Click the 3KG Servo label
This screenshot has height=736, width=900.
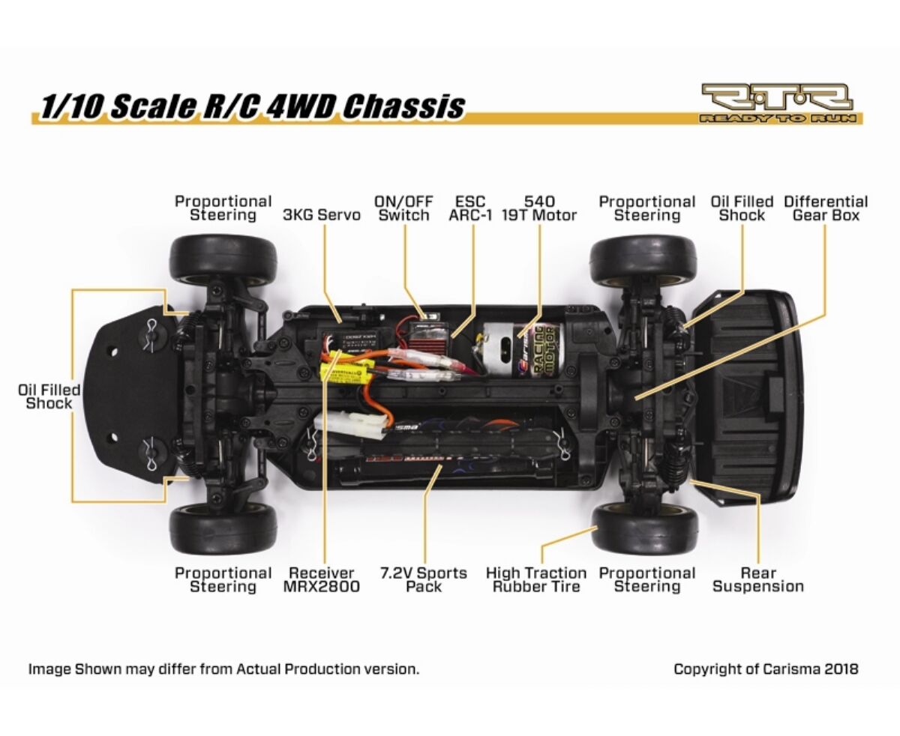point(321,215)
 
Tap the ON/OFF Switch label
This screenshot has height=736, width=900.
point(403,208)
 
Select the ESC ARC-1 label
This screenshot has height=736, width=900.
point(470,208)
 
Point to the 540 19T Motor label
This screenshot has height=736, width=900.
point(539,208)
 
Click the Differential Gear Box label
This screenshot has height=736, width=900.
point(826,208)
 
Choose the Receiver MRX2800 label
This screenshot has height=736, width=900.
point(321,580)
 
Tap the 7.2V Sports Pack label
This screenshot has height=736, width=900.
point(424,580)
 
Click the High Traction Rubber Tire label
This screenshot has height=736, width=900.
point(536,580)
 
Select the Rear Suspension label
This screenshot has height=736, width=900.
point(757,580)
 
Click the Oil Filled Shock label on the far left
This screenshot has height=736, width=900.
point(49,396)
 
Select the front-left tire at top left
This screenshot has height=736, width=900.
point(223,259)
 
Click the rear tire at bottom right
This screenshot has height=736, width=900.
point(645,528)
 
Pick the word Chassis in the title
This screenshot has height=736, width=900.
point(403,106)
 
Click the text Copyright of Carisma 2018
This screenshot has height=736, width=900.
point(766,669)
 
